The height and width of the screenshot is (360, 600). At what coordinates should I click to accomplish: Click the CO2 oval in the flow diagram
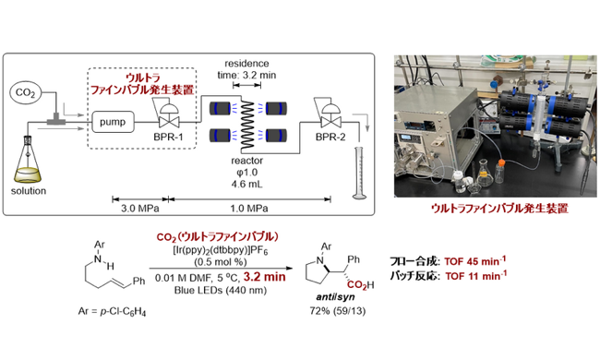[25, 92]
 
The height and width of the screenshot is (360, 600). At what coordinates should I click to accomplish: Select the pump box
[113, 122]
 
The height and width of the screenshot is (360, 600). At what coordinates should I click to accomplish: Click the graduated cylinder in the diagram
[359, 173]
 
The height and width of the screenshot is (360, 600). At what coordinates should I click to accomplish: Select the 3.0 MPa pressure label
[140, 209]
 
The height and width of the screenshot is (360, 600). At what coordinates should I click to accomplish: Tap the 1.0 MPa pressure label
[249, 209]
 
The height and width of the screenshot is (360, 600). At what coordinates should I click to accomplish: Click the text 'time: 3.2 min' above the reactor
[246, 75]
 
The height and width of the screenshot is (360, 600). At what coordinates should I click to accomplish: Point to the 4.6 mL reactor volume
[246, 184]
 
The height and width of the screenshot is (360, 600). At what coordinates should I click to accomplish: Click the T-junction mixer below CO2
[56, 120]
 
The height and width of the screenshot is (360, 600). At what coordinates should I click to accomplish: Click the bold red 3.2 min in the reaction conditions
[264, 277]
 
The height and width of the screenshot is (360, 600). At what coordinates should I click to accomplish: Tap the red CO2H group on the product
[360, 284]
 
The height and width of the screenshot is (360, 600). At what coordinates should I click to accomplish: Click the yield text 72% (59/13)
[338, 311]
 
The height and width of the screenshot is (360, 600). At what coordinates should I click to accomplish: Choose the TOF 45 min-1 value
[475, 261]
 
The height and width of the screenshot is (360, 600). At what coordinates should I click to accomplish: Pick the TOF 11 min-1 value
[476, 276]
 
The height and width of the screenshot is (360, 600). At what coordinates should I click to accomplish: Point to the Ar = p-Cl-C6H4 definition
[112, 312]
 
